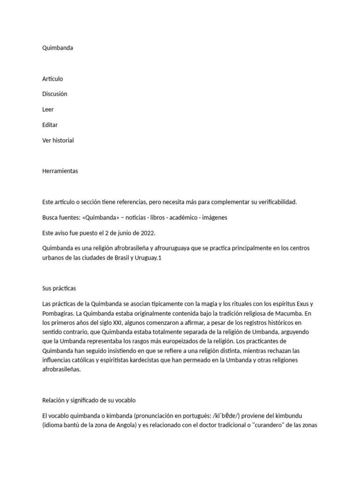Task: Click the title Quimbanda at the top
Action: (x=58, y=48)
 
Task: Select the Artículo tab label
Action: (x=52, y=79)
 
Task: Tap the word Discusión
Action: (x=55, y=94)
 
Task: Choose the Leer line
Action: (x=48, y=109)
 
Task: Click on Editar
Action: (x=50, y=125)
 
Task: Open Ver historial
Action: (x=58, y=140)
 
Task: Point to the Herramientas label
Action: (x=60, y=171)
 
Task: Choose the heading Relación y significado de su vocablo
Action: (x=89, y=400)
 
